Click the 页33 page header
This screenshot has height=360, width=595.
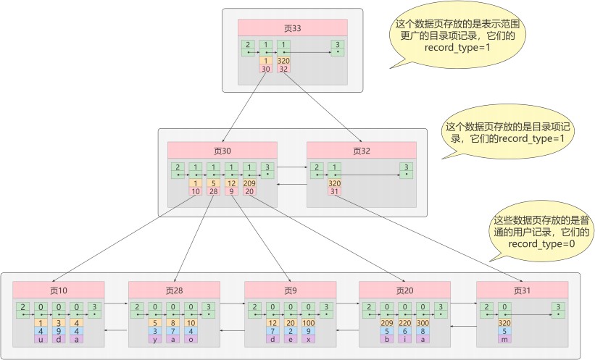[x=293, y=28]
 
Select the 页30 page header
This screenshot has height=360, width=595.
[x=222, y=151]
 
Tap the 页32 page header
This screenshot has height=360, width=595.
[x=361, y=151]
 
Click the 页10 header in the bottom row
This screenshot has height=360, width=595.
[x=59, y=290]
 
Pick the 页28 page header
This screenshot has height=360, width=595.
[x=174, y=290]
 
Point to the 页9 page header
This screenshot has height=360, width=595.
[x=291, y=290]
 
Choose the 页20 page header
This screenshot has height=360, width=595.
[x=404, y=290]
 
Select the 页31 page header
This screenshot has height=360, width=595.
[x=522, y=290]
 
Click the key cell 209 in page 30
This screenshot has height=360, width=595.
[x=249, y=183]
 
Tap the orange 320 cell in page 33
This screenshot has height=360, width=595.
[x=283, y=61]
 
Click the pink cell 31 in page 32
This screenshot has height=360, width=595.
[x=334, y=191]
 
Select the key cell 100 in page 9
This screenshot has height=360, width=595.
[x=309, y=323]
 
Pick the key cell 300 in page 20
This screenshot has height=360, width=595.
[x=423, y=323]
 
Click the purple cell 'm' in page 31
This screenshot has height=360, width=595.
[x=504, y=340]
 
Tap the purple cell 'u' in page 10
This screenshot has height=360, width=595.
[x=41, y=340]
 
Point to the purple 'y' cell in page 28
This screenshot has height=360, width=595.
[x=155, y=340]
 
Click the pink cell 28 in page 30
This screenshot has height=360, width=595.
[x=213, y=191]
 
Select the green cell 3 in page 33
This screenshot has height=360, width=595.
[x=337, y=49]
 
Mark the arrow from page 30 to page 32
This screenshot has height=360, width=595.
[x=292, y=167]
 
